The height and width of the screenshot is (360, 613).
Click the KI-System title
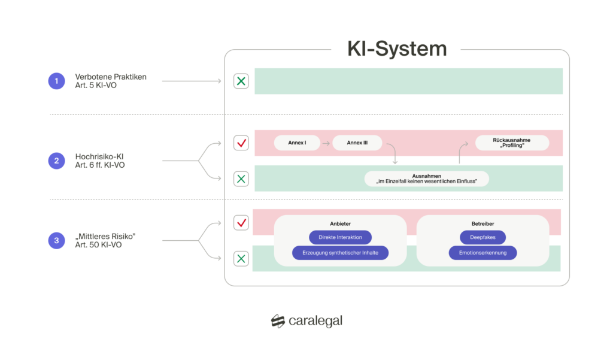tap(397, 49)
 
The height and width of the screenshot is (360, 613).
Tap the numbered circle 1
tap(56, 81)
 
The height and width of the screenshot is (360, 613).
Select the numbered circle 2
tap(56, 161)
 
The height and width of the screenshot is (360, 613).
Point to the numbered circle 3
tap(56, 241)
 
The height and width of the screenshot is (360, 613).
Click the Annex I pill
tap(297, 143)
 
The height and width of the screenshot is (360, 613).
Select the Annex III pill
tap(357, 143)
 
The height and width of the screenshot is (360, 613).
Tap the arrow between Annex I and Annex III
tap(326, 143)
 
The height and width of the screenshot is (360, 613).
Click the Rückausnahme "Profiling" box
tap(511, 143)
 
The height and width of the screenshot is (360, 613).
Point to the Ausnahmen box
tap(427, 179)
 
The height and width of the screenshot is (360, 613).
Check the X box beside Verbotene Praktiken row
tap(241, 81)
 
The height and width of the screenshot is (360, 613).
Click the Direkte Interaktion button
tap(340, 237)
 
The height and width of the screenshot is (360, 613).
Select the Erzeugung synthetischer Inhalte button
tap(340, 253)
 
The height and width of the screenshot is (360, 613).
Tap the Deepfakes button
tap(482, 237)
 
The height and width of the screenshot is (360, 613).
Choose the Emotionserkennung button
tap(482, 253)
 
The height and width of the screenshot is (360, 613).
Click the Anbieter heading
tap(340, 224)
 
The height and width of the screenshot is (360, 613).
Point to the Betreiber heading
tap(482, 224)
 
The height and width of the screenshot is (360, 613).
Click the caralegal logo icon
tap(277, 322)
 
